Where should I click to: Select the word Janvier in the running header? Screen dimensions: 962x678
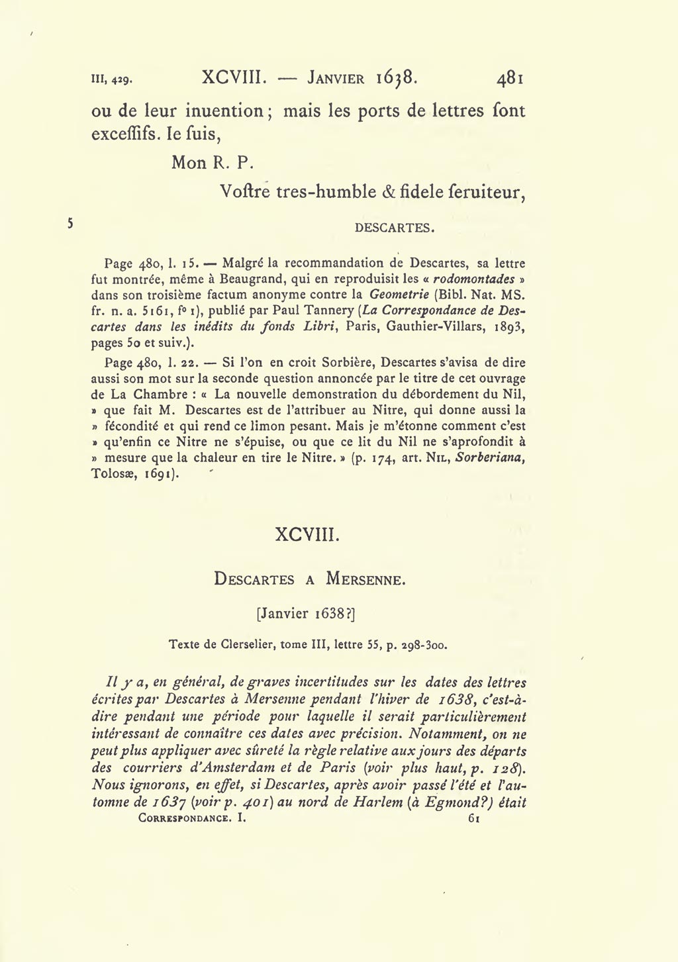(336, 79)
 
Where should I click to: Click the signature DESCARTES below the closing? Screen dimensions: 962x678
(395, 228)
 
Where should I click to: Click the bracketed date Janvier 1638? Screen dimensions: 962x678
(307, 614)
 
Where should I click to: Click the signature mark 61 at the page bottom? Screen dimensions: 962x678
(473, 818)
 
